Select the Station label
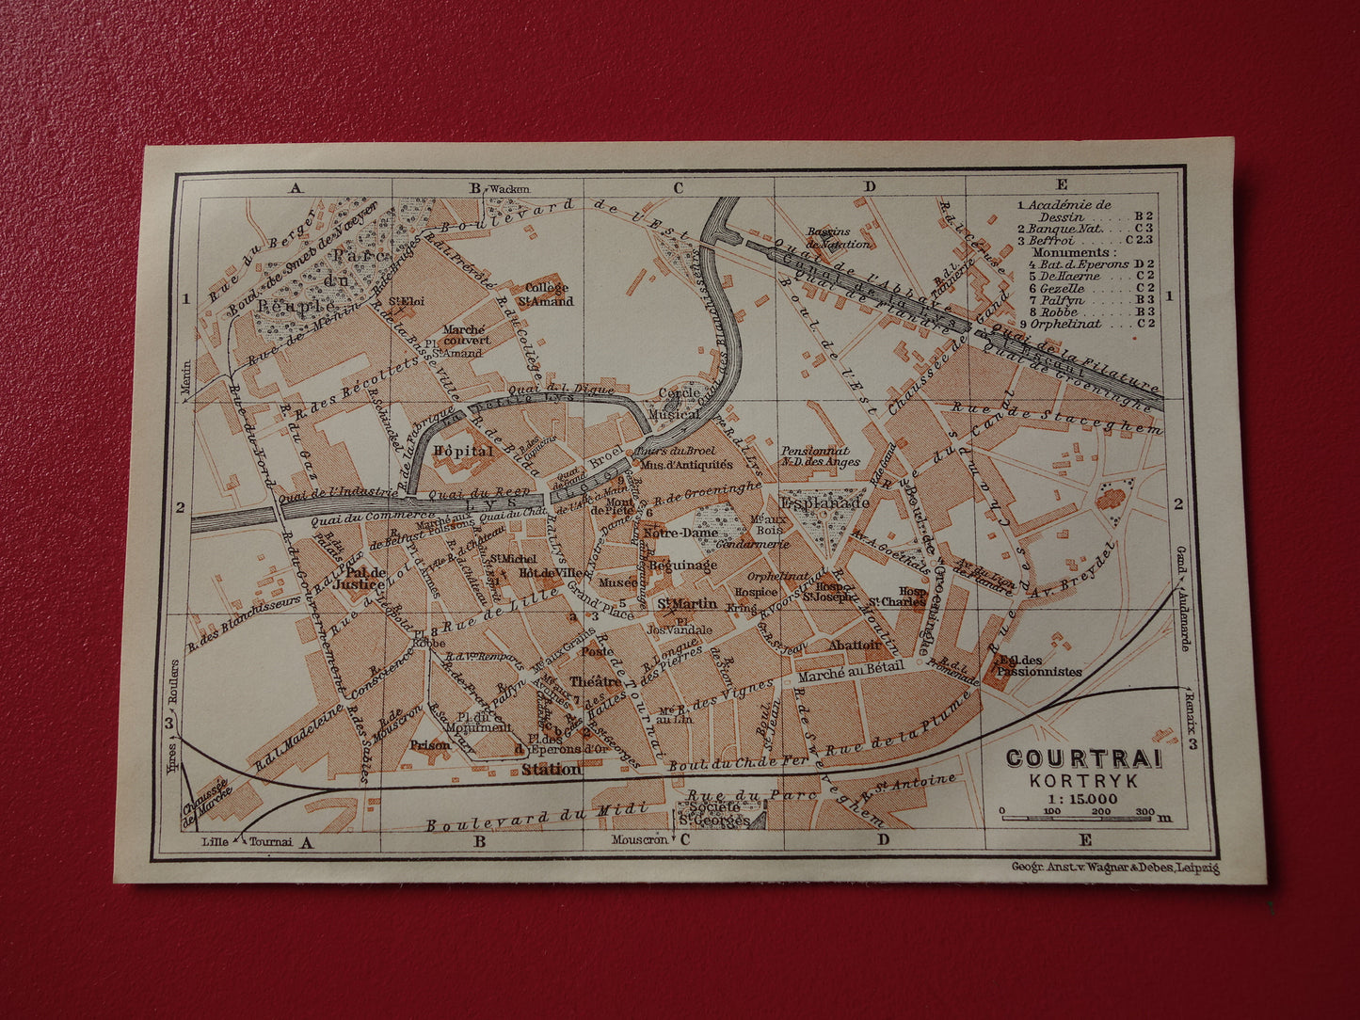point(552,770)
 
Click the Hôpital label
point(462,452)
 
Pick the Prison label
point(430,745)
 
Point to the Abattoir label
point(854,645)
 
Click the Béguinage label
point(683,566)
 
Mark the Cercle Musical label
point(679,403)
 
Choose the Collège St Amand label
point(547,294)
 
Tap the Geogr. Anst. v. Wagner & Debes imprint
point(1114,868)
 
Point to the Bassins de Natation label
point(827,237)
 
